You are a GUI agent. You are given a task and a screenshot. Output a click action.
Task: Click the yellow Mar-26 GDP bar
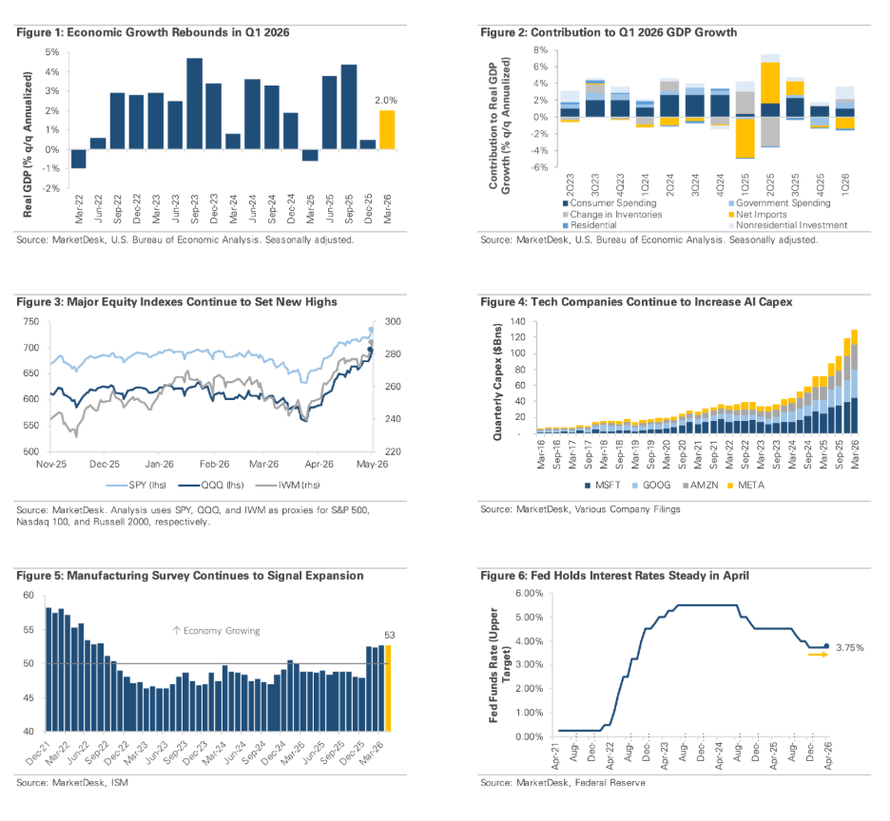click(x=387, y=130)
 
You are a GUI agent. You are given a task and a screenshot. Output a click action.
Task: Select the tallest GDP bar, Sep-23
click(x=195, y=104)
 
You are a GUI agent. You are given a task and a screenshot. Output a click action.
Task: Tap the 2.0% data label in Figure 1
click(x=386, y=101)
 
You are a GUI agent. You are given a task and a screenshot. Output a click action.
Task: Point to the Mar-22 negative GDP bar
click(x=79, y=159)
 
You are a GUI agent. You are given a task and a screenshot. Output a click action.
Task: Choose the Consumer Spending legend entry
click(x=609, y=203)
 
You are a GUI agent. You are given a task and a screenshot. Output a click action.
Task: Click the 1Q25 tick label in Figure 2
click(x=745, y=183)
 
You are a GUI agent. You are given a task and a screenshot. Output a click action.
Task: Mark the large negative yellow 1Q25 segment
click(x=745, y=138)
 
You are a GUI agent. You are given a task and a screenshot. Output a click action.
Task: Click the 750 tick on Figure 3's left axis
click(x=31, y=322)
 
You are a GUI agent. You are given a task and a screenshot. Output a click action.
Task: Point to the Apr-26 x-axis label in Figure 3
click(x=319, y=464)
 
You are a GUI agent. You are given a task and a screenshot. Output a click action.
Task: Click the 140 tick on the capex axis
click(x=518, y=322)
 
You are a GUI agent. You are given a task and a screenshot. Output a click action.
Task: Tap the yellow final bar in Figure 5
click(x=388, y=688)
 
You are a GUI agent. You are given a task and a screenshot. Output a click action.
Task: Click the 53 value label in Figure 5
click(x=390, y=636)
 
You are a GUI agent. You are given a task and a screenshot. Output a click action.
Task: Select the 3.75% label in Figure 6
click(x=850, y=647)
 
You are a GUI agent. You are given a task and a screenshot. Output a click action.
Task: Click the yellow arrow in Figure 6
click(x=819, y=655)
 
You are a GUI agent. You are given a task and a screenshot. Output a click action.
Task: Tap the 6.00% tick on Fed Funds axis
click(x=529, y=594)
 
